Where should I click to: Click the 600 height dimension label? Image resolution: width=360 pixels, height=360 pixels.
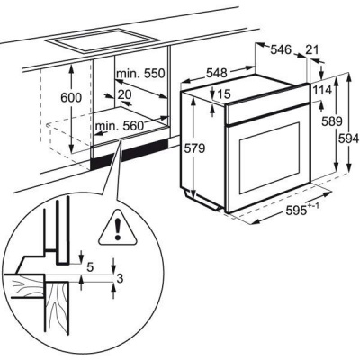pyautogui.click(x=71, y=97)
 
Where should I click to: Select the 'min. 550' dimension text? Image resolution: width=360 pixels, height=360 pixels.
pyautogui.click(x=140, y=73)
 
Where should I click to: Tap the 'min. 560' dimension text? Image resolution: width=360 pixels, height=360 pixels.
pyautogui.click(x=120, y=126)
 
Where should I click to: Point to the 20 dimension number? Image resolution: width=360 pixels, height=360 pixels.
pyautogui.click(x=124, y=94)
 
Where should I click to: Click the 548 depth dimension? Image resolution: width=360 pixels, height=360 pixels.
pyautogui.click(x=217, y=73)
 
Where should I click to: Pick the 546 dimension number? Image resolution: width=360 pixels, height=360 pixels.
pyautogui.click(x=281, y=49)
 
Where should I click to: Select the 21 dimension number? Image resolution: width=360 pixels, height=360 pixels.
pyautogui.click(x=312, y=49)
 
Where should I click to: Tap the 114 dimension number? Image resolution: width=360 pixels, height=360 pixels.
pyautogui.click(x=322, y=90)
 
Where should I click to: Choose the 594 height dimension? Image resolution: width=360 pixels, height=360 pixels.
pyautogui.click(x=349, y=139)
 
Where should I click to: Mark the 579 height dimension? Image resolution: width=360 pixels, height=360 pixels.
pyautogui.click(x=194, y=148)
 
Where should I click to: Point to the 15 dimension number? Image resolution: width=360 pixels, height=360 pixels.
pyautogui.click(x=223, y=94)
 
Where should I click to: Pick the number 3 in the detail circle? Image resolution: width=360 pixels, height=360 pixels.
pyautogui.click(x=120, y=279)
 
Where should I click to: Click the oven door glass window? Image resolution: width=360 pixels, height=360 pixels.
pyautogui.click(x=269, y=158)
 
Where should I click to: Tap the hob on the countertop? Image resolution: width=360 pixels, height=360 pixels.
pyautogui.click(x=97, y=40)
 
